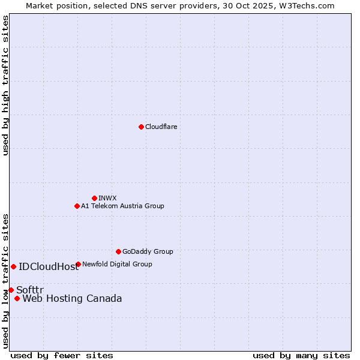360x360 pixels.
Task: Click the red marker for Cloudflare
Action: [x=141, y=127]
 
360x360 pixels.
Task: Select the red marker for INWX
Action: [x=94, y=198]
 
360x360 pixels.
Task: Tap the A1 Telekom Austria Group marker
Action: [x=77, y=206]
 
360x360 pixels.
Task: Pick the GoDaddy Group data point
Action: [x=118, y=251]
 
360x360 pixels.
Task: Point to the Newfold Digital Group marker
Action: [x=78, y=264]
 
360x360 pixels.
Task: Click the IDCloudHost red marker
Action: [x=13, y=266]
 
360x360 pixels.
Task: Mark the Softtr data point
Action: [x=11, y=290]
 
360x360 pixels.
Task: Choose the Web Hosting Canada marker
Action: [x=17, y=298]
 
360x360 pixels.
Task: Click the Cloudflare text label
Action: [x=161, y=127]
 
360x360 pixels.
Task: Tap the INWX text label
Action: [x=107, y=198]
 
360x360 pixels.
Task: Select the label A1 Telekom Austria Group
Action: [x=122, y=206]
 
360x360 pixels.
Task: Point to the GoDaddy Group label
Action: [x=148, y=251]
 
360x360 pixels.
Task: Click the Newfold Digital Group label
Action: [x=117, y=264]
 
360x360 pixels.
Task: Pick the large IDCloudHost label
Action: [x=49, y=267]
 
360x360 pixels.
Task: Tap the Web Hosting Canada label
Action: [x=72, y=299]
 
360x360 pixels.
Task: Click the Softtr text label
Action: [x=30, y=290]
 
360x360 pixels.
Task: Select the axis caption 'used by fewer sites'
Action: [x=62, y=355]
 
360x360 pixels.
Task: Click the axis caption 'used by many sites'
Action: [x=301, y=355]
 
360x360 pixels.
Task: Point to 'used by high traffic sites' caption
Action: [x=6, y=85]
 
